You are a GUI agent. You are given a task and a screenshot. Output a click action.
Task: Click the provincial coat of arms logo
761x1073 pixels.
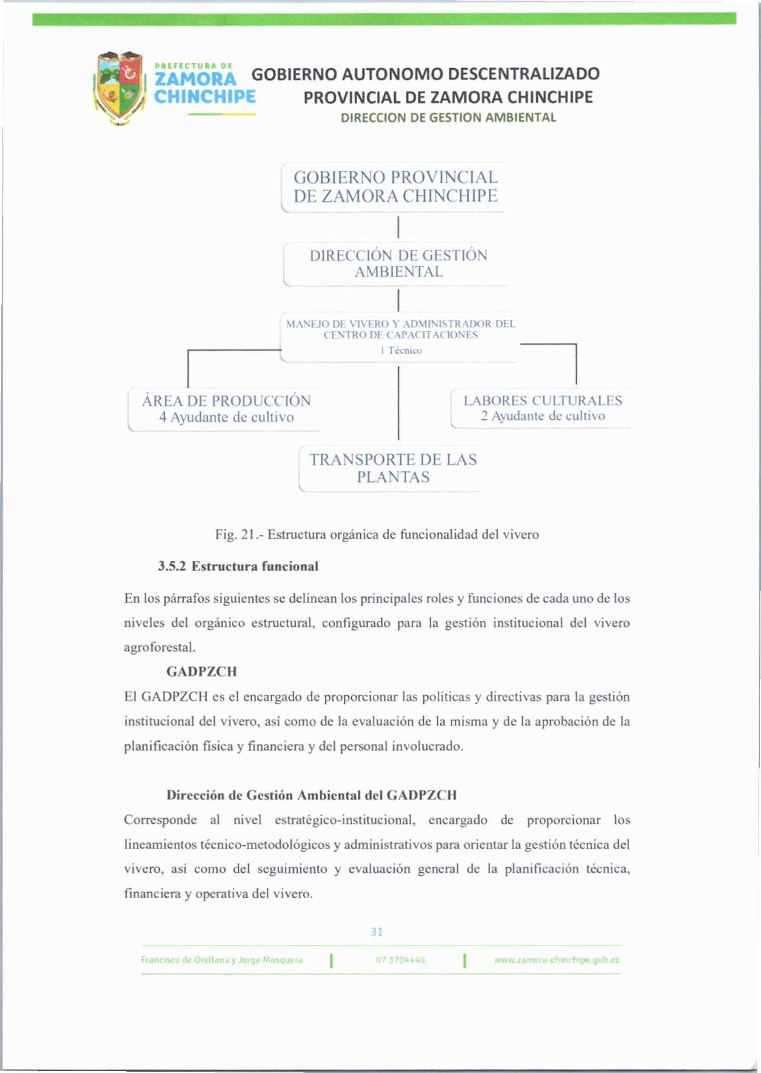120,88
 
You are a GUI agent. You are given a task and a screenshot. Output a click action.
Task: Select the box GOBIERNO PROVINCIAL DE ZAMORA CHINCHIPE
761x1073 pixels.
395,187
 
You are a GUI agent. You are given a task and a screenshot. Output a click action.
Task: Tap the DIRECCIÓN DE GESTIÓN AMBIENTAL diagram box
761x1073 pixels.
398,264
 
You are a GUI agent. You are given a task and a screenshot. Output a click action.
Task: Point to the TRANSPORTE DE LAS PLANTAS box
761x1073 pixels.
393,469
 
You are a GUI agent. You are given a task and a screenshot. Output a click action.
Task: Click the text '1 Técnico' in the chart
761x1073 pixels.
401,351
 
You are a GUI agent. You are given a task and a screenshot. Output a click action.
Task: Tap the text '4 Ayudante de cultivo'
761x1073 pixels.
226,418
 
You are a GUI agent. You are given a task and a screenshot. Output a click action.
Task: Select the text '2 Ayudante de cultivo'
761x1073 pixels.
543,416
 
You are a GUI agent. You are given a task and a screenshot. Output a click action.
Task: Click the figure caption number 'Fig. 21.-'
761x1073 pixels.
239,535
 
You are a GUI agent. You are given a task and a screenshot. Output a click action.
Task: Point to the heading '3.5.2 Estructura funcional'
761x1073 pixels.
238,566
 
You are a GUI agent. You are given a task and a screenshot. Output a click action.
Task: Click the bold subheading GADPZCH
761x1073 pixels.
201,672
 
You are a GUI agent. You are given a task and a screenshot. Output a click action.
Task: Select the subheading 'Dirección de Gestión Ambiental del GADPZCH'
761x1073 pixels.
312,795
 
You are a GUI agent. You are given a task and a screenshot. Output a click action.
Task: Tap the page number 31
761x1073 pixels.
377,932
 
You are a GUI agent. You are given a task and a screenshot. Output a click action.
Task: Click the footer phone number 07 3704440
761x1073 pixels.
400,960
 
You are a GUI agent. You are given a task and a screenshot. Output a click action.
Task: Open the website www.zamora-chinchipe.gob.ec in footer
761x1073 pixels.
557,960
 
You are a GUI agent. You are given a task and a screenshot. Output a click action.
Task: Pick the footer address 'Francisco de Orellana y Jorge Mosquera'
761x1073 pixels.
221,960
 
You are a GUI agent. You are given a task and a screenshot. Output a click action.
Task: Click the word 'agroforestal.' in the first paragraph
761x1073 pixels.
160,648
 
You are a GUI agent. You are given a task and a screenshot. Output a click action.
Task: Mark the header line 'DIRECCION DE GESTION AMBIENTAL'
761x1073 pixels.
448,118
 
